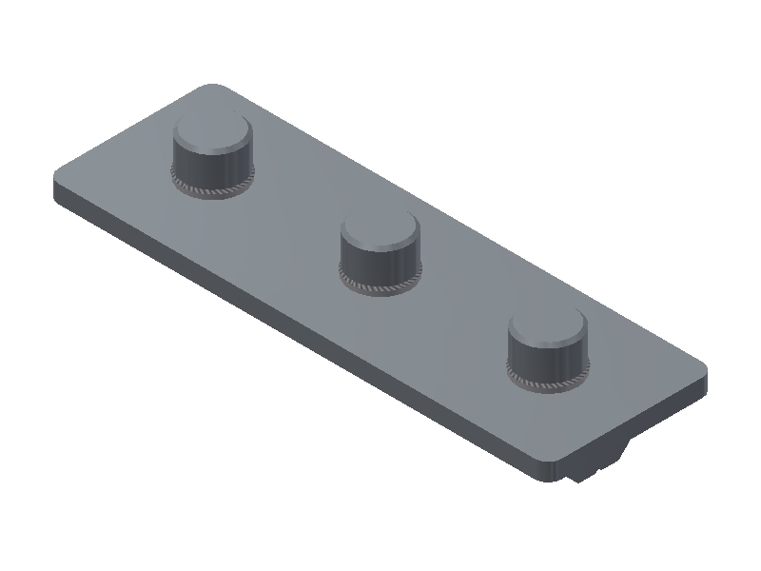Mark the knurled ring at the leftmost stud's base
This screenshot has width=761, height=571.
pyautogui.click(x=213, y=189)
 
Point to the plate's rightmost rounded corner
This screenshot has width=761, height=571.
pyautogui.click(x=702, y=369)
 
